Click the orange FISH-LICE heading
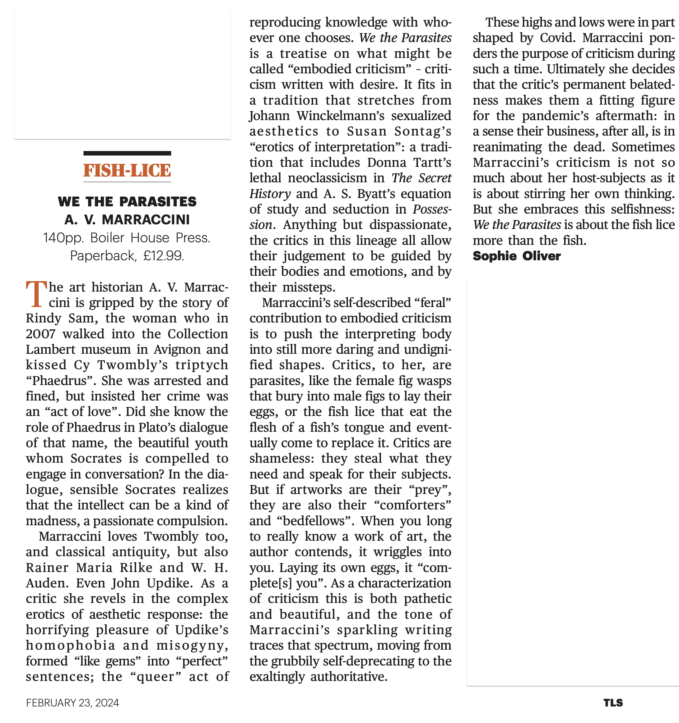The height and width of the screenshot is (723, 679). pos(127,170)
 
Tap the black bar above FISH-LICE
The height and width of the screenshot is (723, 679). pos(127,153)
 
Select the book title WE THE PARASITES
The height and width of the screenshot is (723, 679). pos(127,201)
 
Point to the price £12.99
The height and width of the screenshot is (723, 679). pos(163,256)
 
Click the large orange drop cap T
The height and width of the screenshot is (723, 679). pos(36,294)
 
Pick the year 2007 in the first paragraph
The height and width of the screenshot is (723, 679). pos(40,334)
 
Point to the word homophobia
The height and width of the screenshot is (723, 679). pos(70,646)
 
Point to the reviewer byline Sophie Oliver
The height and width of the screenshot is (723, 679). pos(516,256)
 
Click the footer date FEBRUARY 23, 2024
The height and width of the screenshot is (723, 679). pos(72,703)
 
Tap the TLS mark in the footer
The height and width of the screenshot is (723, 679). pos(613,703)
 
